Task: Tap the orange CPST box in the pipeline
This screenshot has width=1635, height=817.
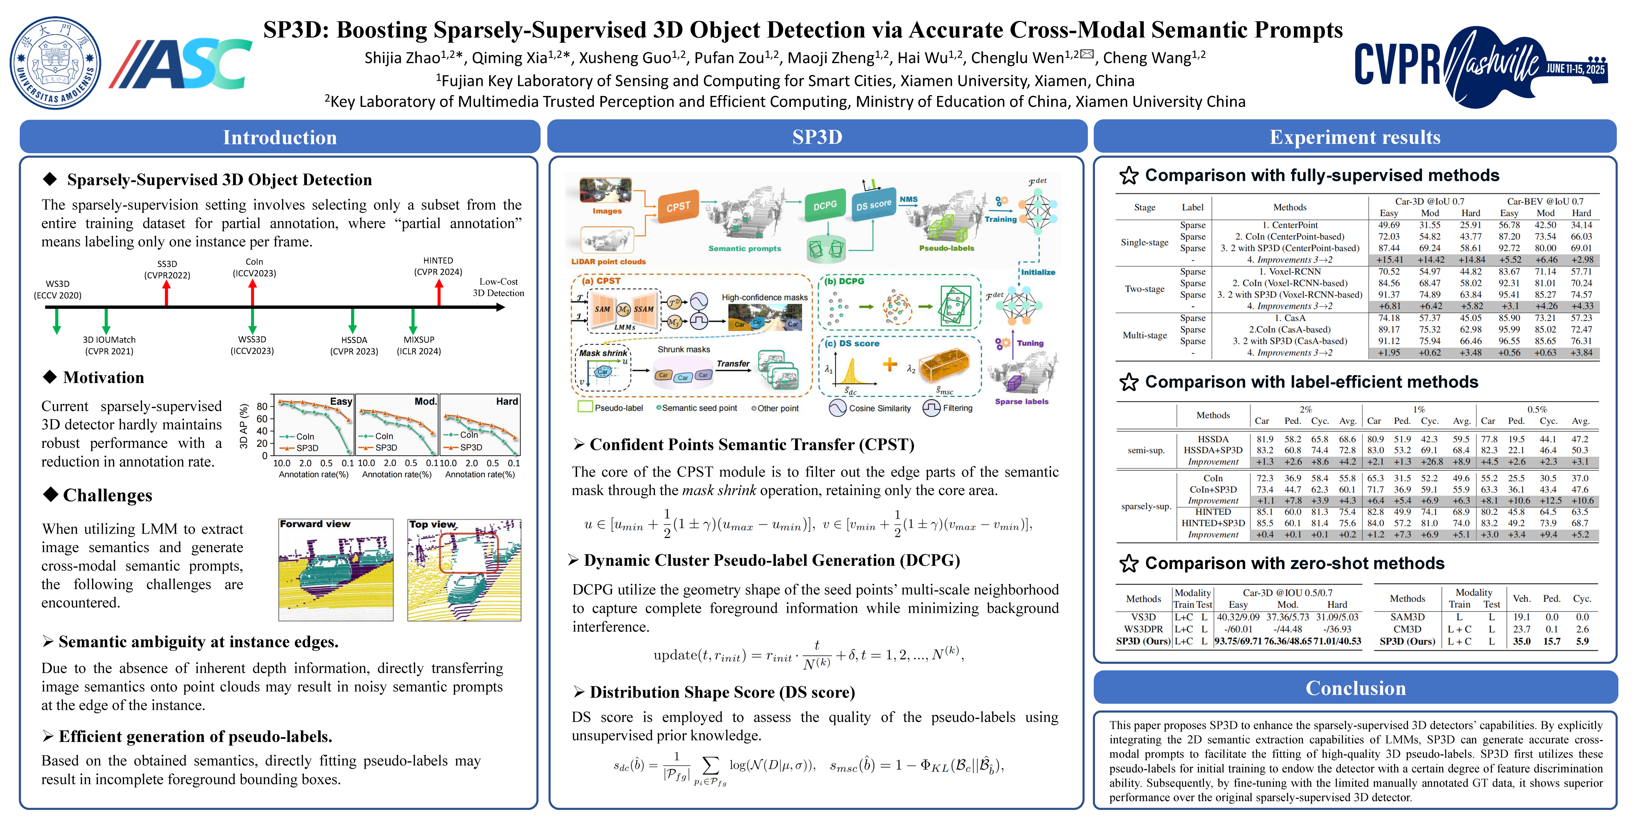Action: [678, 206]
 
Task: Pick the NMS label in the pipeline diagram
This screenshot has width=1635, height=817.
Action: [908, 199]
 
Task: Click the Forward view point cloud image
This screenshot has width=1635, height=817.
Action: [336, 570]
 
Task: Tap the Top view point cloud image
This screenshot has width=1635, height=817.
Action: [464, 570]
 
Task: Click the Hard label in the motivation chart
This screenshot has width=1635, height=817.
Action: [506, 401]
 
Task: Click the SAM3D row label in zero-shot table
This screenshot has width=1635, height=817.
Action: [1407, 617]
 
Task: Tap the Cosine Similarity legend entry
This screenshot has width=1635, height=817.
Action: [879, 408]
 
